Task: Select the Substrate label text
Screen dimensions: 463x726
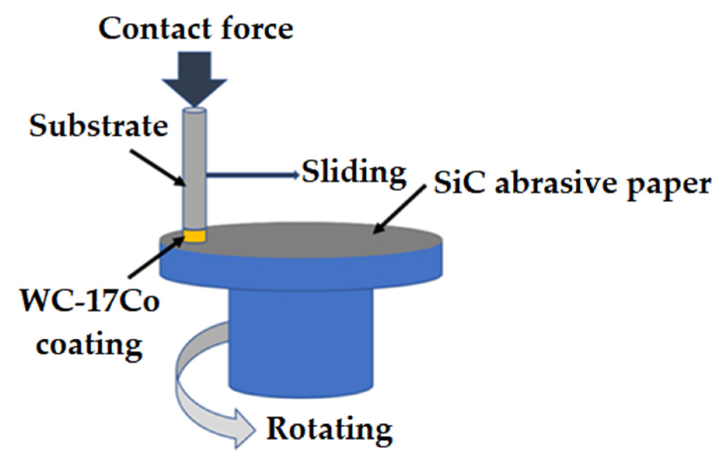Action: coord(98,126)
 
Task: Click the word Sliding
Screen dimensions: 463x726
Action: coord(354,173)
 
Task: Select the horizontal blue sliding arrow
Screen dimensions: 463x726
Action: coord(253,175)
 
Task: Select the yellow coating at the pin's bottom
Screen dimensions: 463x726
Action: coord(194,236)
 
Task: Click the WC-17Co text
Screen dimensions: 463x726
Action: coord(89,301)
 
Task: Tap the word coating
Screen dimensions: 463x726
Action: coord(89,346)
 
